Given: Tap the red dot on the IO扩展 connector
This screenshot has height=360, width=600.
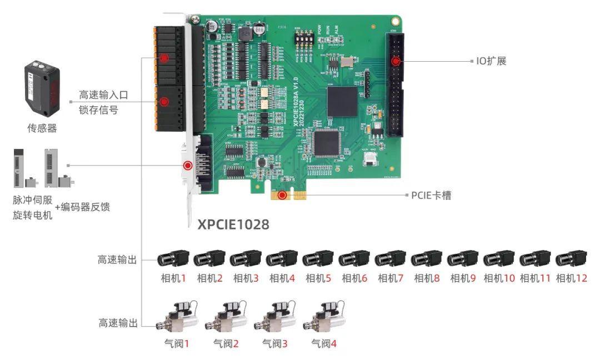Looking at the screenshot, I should pos(396,61).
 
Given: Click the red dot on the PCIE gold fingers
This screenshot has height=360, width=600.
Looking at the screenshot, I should pos(283,195).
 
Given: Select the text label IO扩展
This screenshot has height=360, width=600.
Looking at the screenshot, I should pos(491,61).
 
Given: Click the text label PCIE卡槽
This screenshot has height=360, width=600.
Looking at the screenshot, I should pos(431,196).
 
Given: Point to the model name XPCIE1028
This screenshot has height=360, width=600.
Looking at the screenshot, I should pos(233,224).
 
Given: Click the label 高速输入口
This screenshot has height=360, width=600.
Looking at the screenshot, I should pos(103,95).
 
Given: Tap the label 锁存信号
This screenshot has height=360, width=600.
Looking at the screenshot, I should pos(98,109).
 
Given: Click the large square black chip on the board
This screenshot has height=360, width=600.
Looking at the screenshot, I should pos(341,102).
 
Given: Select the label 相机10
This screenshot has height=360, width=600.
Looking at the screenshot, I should pos(499,278).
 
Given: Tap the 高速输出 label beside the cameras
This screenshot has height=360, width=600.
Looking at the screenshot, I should pos(117,259).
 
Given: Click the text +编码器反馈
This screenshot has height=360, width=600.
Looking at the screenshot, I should pos(82,207).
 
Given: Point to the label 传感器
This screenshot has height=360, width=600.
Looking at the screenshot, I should pos(42,128).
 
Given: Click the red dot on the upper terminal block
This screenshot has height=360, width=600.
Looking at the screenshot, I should pos(163,58).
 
